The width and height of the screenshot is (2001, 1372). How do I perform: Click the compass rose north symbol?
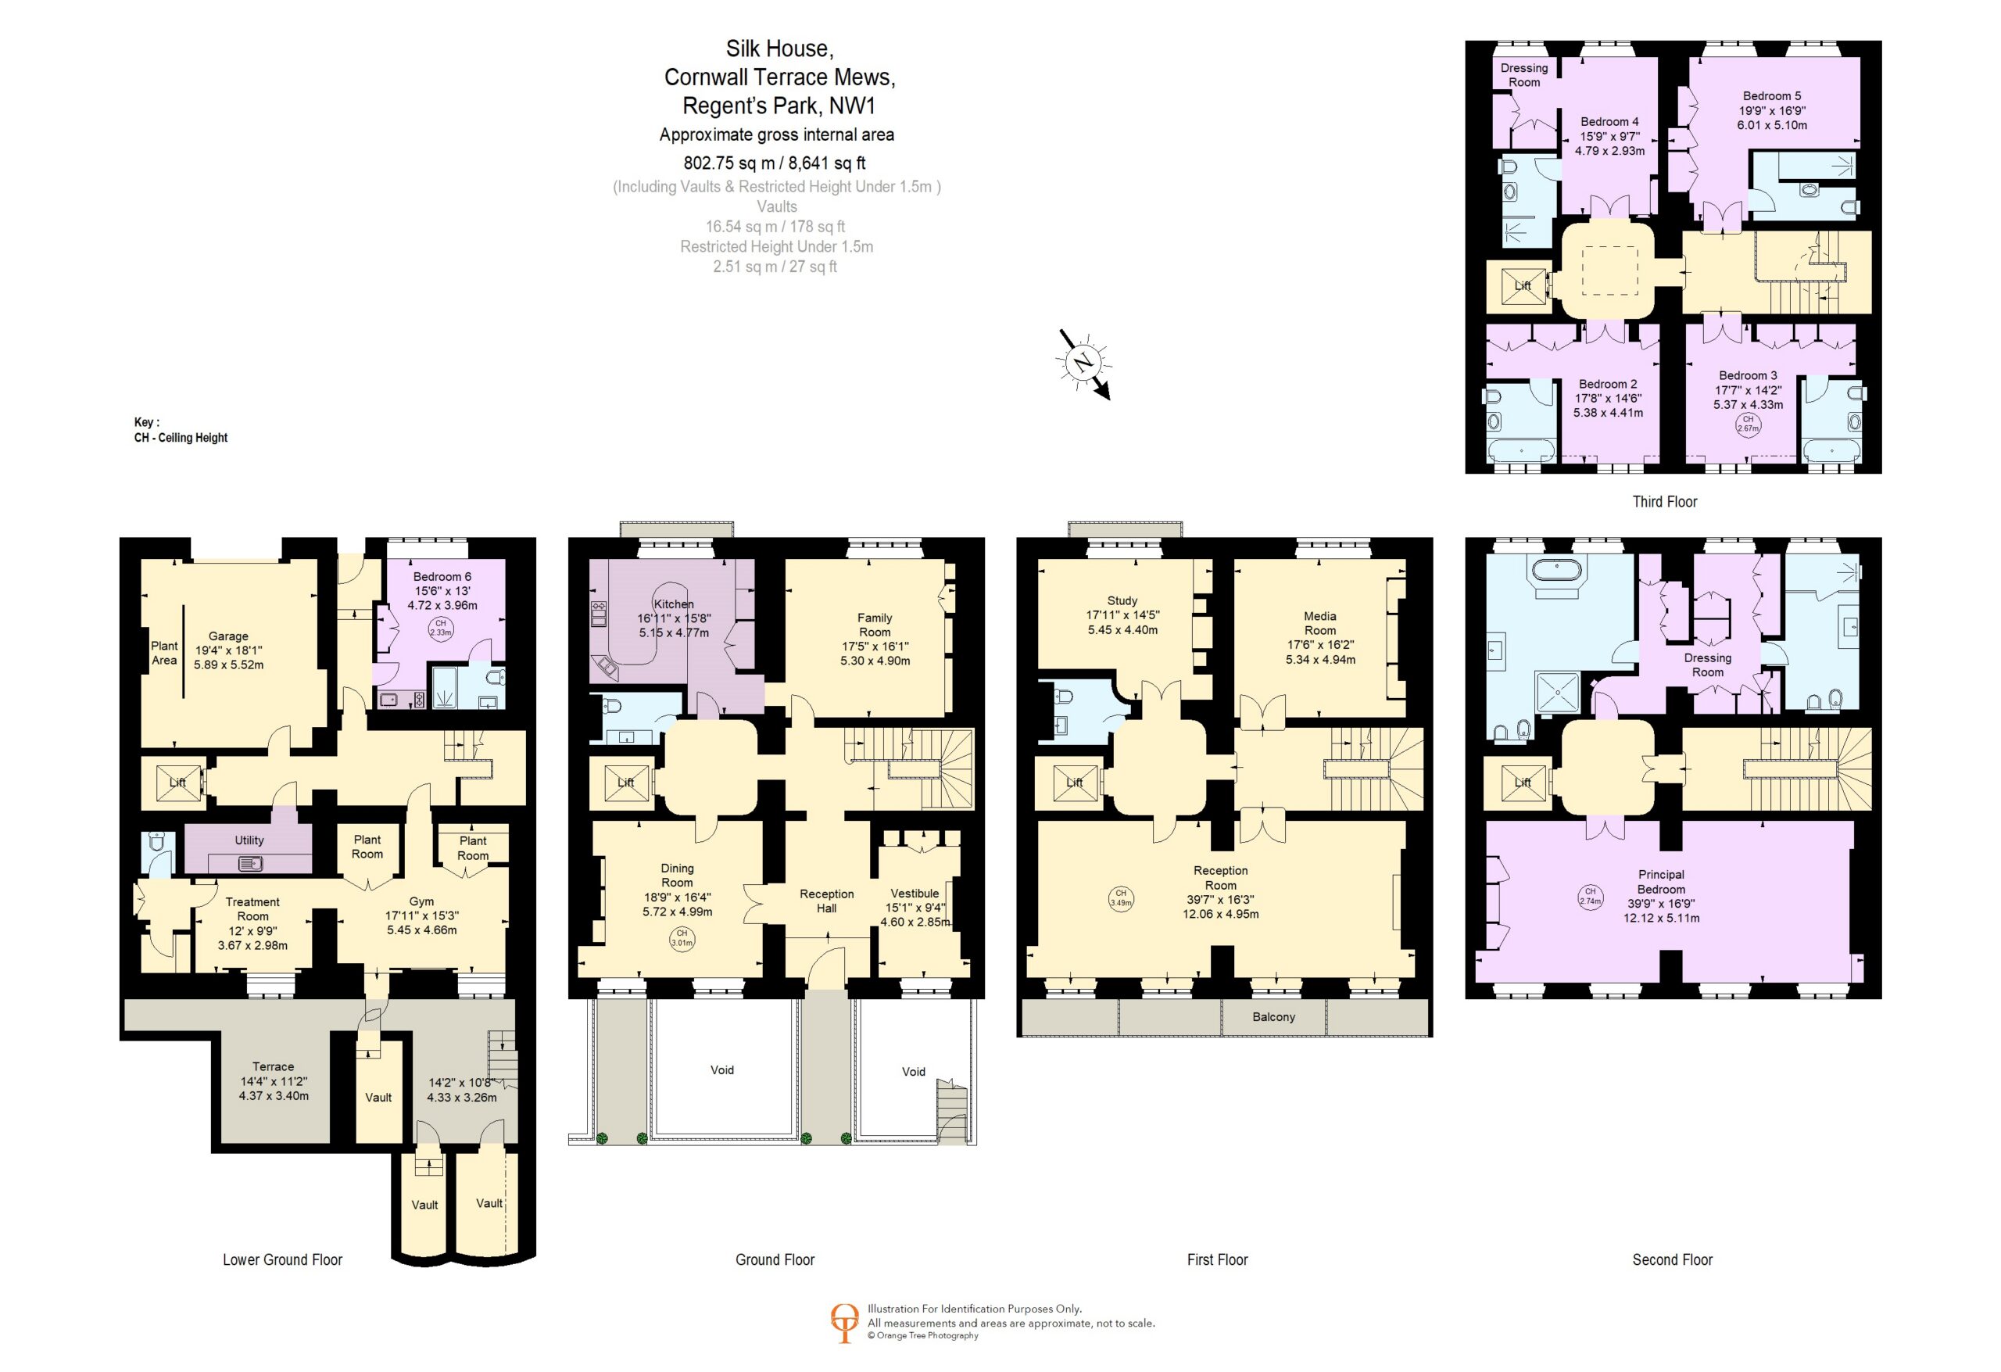click(x=1083, y=363)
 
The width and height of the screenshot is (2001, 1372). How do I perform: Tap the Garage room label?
click(x=228, y=636)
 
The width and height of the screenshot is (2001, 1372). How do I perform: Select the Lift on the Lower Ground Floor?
click(x=177, y=783)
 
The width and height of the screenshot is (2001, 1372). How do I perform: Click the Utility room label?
click(x=249, y=840)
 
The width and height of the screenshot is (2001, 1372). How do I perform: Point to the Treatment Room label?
click(x=252, y=909)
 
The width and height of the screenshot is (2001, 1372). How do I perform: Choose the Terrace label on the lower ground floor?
click(x=273, y=1066)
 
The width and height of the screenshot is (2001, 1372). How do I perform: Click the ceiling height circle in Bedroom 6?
click(x=441, y=627)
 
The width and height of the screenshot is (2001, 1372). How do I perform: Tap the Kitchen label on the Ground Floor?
click(x=673, y=604)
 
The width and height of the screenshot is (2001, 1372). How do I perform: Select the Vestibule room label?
click(x=915, y=893)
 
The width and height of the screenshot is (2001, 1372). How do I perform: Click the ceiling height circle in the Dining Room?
click(x=681, y=938)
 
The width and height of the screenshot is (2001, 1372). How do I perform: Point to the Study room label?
click(x=1122, y=600)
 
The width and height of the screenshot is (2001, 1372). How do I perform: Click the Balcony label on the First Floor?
click(x=1273, y=1017)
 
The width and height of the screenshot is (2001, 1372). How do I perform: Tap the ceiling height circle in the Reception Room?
click(x=1120, y=898)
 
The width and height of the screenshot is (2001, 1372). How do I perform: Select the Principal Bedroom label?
click(x=1661, y=882)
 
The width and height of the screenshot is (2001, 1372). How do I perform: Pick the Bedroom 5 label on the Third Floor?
click(x=1772, y=95)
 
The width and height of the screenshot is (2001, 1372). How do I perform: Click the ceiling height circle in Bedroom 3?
click(x=1748, y=424)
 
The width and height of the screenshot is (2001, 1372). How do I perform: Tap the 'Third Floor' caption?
click(x=1664, y=502)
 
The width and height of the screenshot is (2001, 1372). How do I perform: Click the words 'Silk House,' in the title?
click(x=779, y=49)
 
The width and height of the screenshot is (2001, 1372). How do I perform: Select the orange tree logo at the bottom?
click(x=844, y=1323)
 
